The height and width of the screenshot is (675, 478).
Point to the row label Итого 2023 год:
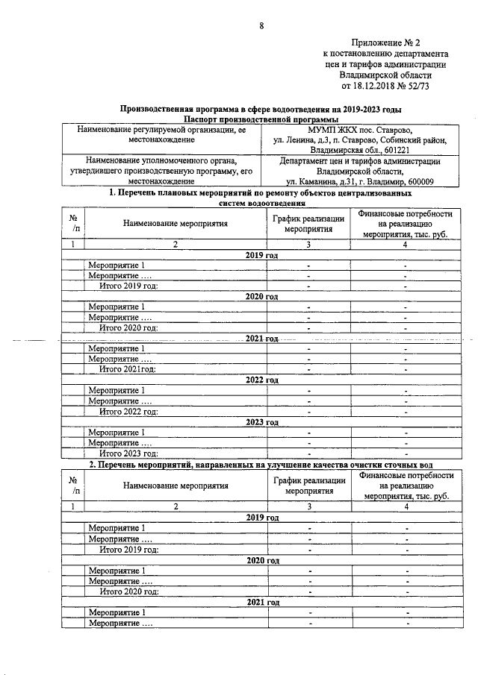click(x=128, y=453)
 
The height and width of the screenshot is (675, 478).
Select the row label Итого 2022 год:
click(x=128, y=411)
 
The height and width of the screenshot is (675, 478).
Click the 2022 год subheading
click(x=262, y=380)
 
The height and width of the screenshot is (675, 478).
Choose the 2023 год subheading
click(x=262, y=421)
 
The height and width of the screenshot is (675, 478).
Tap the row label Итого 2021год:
click(x=128, y=369)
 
